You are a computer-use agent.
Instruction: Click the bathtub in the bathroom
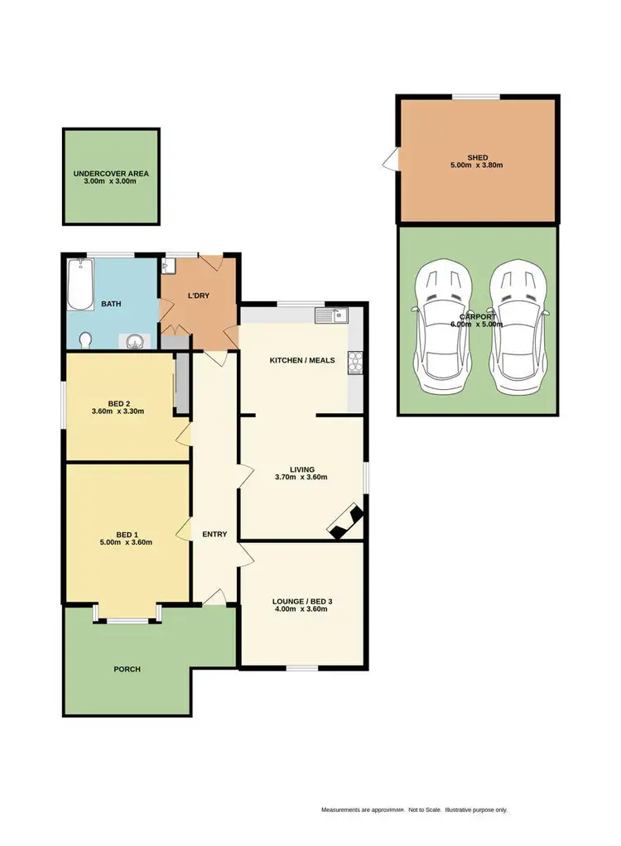click(x=80, y=284)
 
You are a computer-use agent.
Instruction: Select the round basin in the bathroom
click(x=136, y=340)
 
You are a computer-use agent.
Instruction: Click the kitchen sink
click(x=332, y=315)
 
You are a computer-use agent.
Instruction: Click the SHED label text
click(x=477, y=157)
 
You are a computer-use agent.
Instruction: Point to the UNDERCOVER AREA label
click(x=111, y=174)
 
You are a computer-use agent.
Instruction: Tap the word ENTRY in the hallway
click(x=214, y=534)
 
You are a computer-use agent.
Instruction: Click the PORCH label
click(x=128, y=669)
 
